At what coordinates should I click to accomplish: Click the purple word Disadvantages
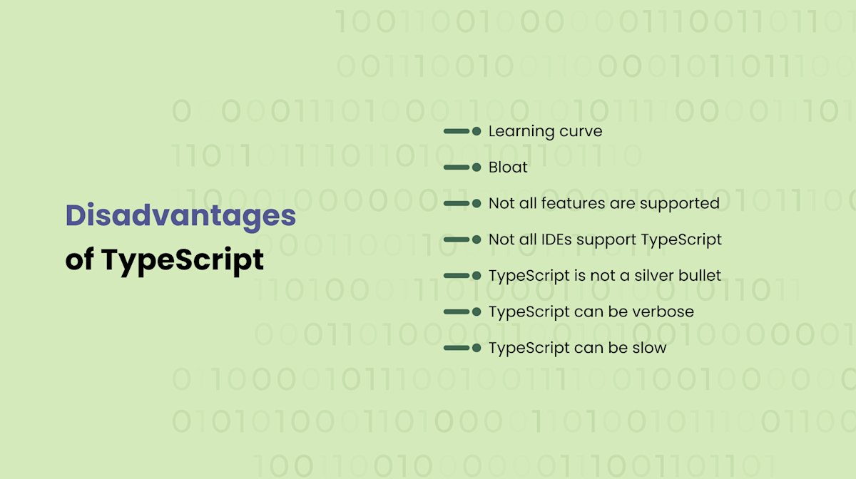(x=180, y=215)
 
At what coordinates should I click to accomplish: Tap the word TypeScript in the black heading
(x=183, y=260)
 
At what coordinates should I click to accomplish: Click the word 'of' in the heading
(x=79, y=260)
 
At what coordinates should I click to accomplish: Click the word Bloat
(x=508, y=168)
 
